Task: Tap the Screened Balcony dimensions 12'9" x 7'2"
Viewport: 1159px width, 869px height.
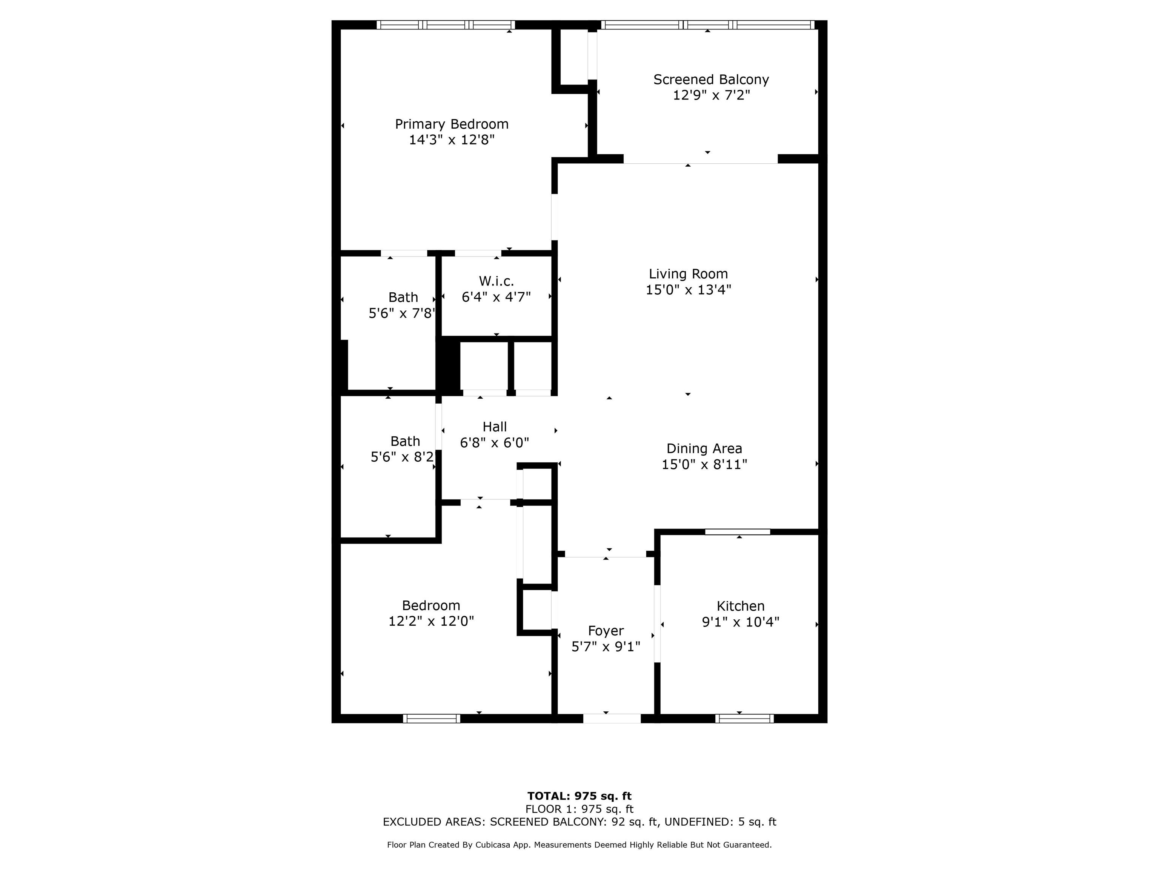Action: point(712,95)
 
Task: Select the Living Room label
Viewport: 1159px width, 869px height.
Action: point(689,274)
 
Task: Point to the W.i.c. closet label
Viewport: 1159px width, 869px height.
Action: point(496,281)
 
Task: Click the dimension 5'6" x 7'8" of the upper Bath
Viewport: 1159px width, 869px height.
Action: point(402,313)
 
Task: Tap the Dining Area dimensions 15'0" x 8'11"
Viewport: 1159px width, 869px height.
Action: point(704,465)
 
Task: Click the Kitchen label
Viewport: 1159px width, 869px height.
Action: point(740,606)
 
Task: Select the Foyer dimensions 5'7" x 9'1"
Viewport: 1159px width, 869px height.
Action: point(606,647)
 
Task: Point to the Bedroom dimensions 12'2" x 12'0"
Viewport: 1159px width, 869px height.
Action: point(431,621)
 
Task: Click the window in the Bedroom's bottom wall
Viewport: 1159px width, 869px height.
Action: point(432,718)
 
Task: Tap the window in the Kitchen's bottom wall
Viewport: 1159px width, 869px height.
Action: point(744,718)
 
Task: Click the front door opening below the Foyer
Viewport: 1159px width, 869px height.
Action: point(612,718)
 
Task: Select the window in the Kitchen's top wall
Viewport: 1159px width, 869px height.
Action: point(737,532)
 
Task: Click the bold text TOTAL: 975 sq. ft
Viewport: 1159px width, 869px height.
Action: point(579,796)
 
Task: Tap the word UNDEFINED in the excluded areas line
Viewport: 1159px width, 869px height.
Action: point(697,822)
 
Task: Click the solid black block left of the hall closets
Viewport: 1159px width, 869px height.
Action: point(449,365)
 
